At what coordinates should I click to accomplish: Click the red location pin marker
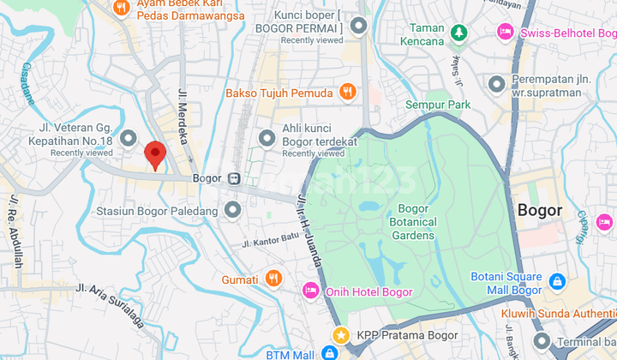[x=154, y=153]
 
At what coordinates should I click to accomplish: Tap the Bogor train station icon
[x=234, y=179]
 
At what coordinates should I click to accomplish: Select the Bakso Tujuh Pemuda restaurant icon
[x=347, y=92]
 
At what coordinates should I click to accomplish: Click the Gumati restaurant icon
[x=273, y=278]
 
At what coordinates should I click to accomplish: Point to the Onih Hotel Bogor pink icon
[x=310, y=291]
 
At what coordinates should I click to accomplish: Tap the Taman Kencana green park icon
[x=459, y=33]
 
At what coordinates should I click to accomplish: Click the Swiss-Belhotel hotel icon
[x=506, y=32]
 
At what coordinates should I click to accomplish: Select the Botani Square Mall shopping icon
[x=556, y=281]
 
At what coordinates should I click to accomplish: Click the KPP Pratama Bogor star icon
[x=341, y=333]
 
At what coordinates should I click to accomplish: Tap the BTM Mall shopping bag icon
[x=329, y=353]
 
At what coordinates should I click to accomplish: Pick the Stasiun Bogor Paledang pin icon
[x=232, y=210]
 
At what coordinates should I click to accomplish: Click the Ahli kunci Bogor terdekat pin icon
[x=267, y=137]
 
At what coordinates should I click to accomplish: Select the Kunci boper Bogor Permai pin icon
[x=358, y=26]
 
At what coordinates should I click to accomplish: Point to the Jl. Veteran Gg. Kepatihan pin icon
[x=129, y=137]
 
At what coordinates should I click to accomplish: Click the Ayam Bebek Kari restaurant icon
[x=121, y=8]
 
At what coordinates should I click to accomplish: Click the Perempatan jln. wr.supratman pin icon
[x=496, y=84]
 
